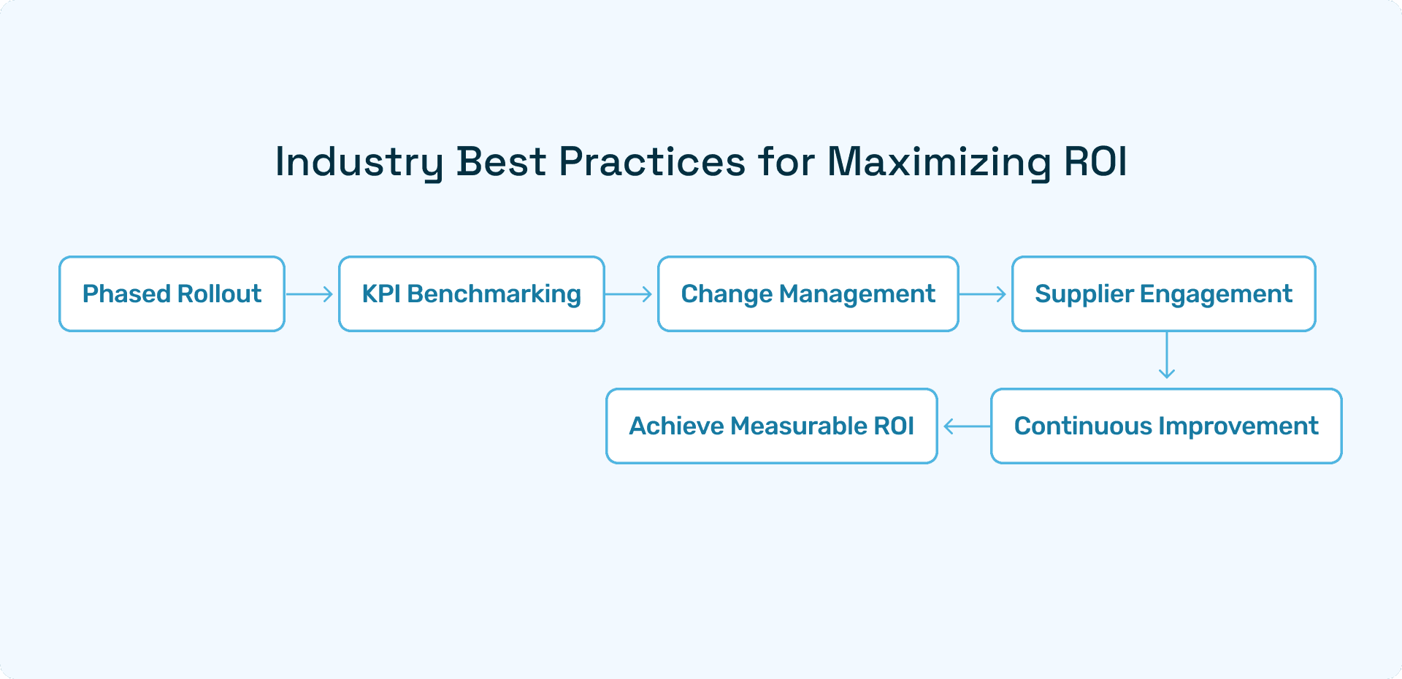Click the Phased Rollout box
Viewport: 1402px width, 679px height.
point(172,294)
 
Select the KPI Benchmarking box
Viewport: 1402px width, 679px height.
point(472,294)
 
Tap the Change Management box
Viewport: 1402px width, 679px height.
point(808,294)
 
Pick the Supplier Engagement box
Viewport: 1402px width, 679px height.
point(1163,294)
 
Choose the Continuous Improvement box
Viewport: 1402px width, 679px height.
point(1166,426)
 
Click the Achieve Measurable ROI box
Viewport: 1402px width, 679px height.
point(772,426)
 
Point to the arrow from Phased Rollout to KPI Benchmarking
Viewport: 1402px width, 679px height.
point(310,294)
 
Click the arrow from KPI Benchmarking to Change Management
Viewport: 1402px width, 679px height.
point(629,294)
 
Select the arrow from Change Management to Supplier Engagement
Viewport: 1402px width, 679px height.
point(983,294)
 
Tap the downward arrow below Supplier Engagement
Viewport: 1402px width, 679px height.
point(1167,356)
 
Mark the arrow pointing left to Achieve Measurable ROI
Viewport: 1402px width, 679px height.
point(967,426)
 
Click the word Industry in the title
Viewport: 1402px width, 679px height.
point(359,162)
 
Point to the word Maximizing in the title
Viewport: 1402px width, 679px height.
point(939,162)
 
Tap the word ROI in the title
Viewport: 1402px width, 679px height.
point(1095,161)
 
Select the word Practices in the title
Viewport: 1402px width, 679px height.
point(652,161)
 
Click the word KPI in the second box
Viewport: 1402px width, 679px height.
point(381,294)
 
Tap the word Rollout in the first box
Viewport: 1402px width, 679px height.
point(219,294)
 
